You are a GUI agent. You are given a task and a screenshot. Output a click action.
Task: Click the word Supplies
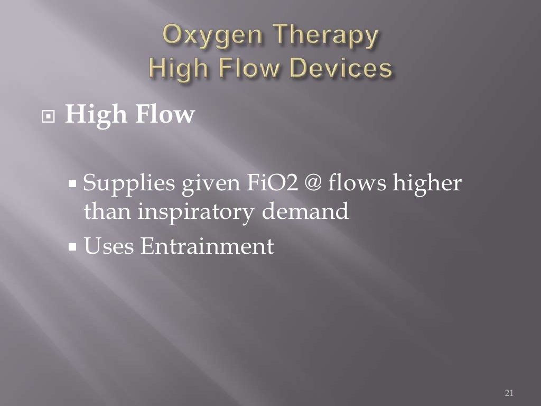click(x=129, y=185)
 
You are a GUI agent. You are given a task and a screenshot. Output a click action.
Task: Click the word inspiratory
click(x=197, y=213)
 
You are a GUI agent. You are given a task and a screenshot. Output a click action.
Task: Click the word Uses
click(x=108, y=246)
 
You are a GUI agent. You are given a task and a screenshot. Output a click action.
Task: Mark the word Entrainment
click(x=207, y=246)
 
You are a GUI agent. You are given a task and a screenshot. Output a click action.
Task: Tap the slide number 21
click(x=509, y=393)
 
